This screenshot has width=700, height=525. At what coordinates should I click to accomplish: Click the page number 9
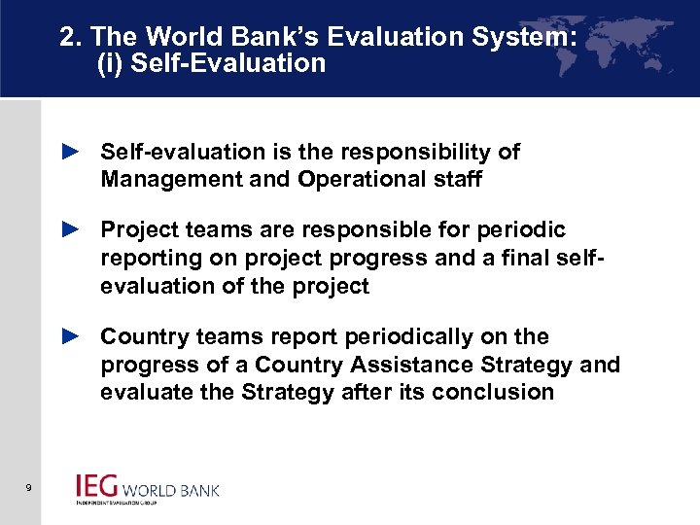click(31, 487)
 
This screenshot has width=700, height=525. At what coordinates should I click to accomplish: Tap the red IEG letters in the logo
click(97, 486)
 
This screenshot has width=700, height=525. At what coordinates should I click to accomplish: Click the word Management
click(161, 180)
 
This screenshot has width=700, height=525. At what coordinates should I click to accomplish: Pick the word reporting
click(147, 259)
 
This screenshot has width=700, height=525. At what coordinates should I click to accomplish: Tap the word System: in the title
click(520, 38)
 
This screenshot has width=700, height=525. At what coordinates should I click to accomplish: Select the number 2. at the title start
click(70, 38)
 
